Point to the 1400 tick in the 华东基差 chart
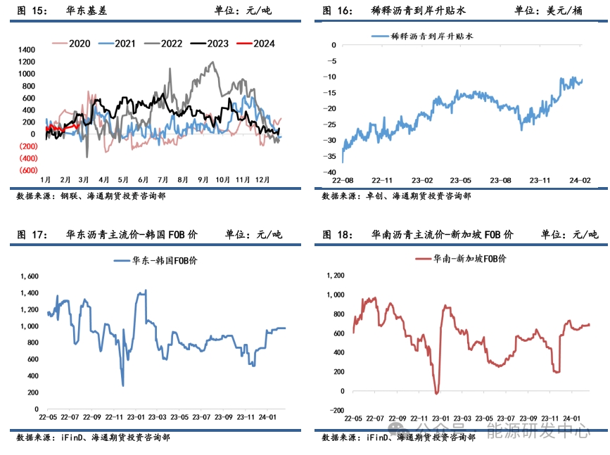point(26,50)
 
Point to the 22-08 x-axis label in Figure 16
point(343,180)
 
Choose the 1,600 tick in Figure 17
point(29,275)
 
